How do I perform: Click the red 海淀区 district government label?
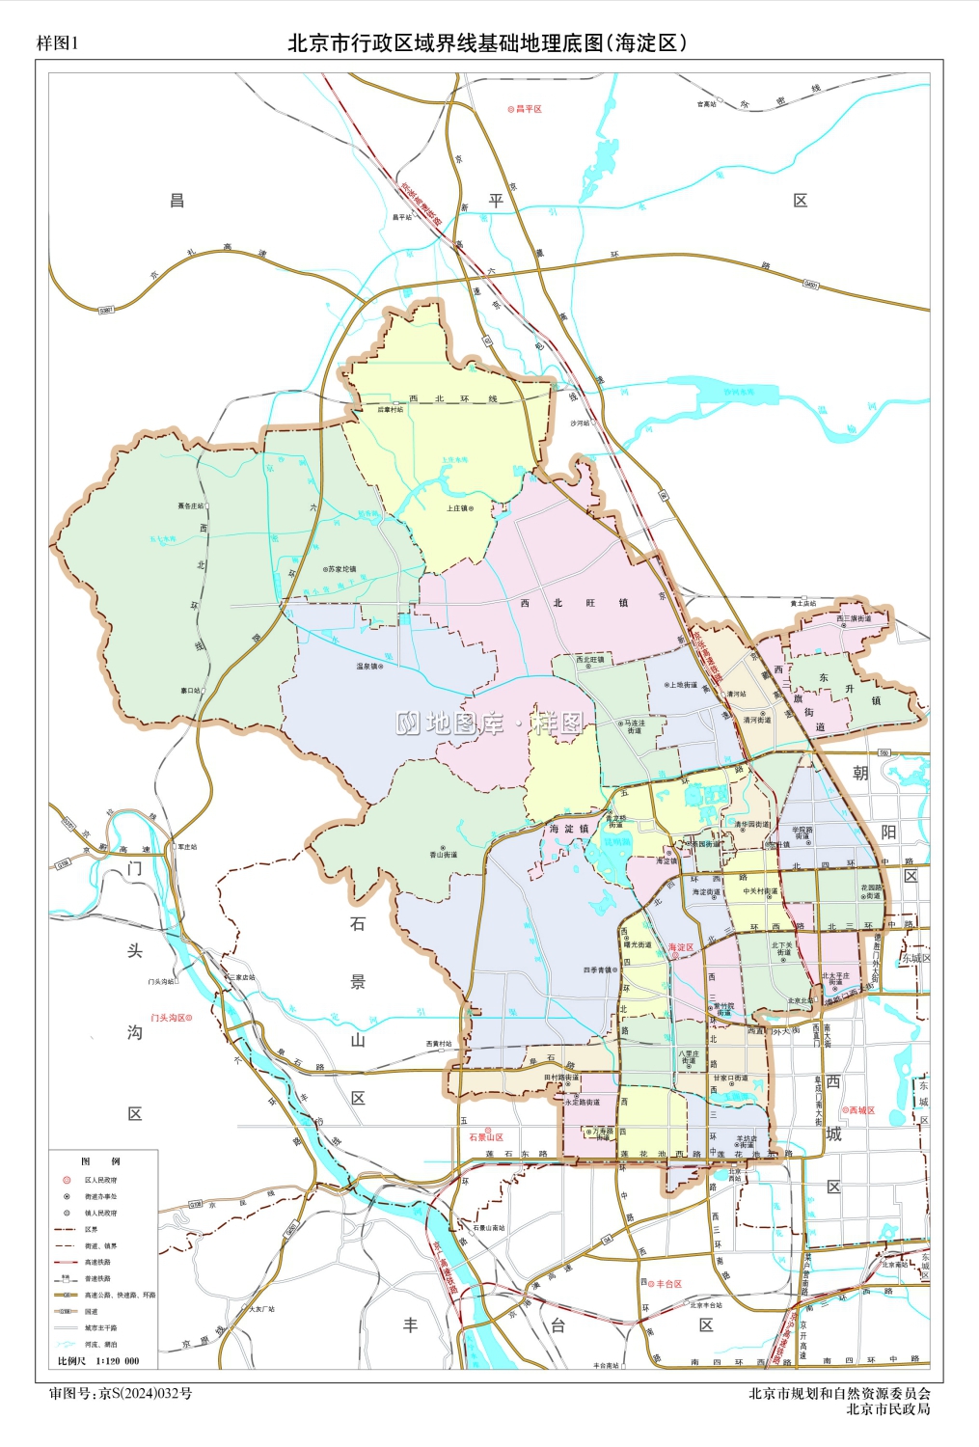pyautogui.click(x=681, y=947)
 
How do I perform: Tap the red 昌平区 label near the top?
pyautogui.click(x=527, y=109)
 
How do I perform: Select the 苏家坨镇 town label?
pyautogui.click(x=340, y=569)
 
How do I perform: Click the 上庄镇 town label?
pyautogui.click(x=458, y=508)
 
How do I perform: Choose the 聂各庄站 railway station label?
pyautogui.click(x=191, y=505)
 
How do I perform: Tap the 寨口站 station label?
pyautogui.click(x=190, y=691)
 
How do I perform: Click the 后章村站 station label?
pyautogui.click(x=390, y=409)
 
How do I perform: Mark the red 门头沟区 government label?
pyautogui.click(x=171, y=1018)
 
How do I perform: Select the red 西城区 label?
pyautogui.click(x=860, y=1110)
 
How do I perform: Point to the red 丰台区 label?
pyautogui.click(x=667, y=1284)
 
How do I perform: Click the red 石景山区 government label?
pyautogui.click(x=485, y=1137)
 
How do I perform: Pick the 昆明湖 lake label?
pyautogui.click(x=616, y=841)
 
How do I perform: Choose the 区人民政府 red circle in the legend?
pyautogui.click(x=67, y=1180)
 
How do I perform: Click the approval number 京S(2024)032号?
pyautogui.click(x=146, y=1393)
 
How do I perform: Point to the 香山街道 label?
pyautogui.click(x=443, y=855)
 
